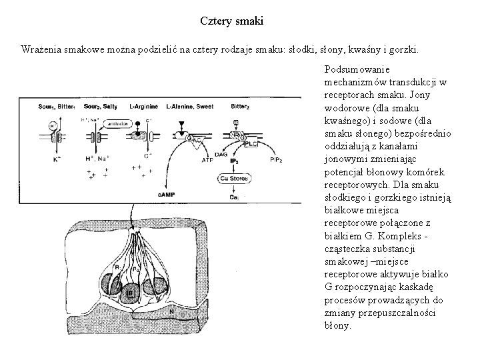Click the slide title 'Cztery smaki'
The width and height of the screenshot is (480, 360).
click(232, 21)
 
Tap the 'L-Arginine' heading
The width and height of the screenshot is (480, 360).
click(142, 107)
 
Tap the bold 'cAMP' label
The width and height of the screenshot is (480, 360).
click(167, 194)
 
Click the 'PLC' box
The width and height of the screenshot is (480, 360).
click(251, 143)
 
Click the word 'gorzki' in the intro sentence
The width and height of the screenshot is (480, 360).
click(405, 50)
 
